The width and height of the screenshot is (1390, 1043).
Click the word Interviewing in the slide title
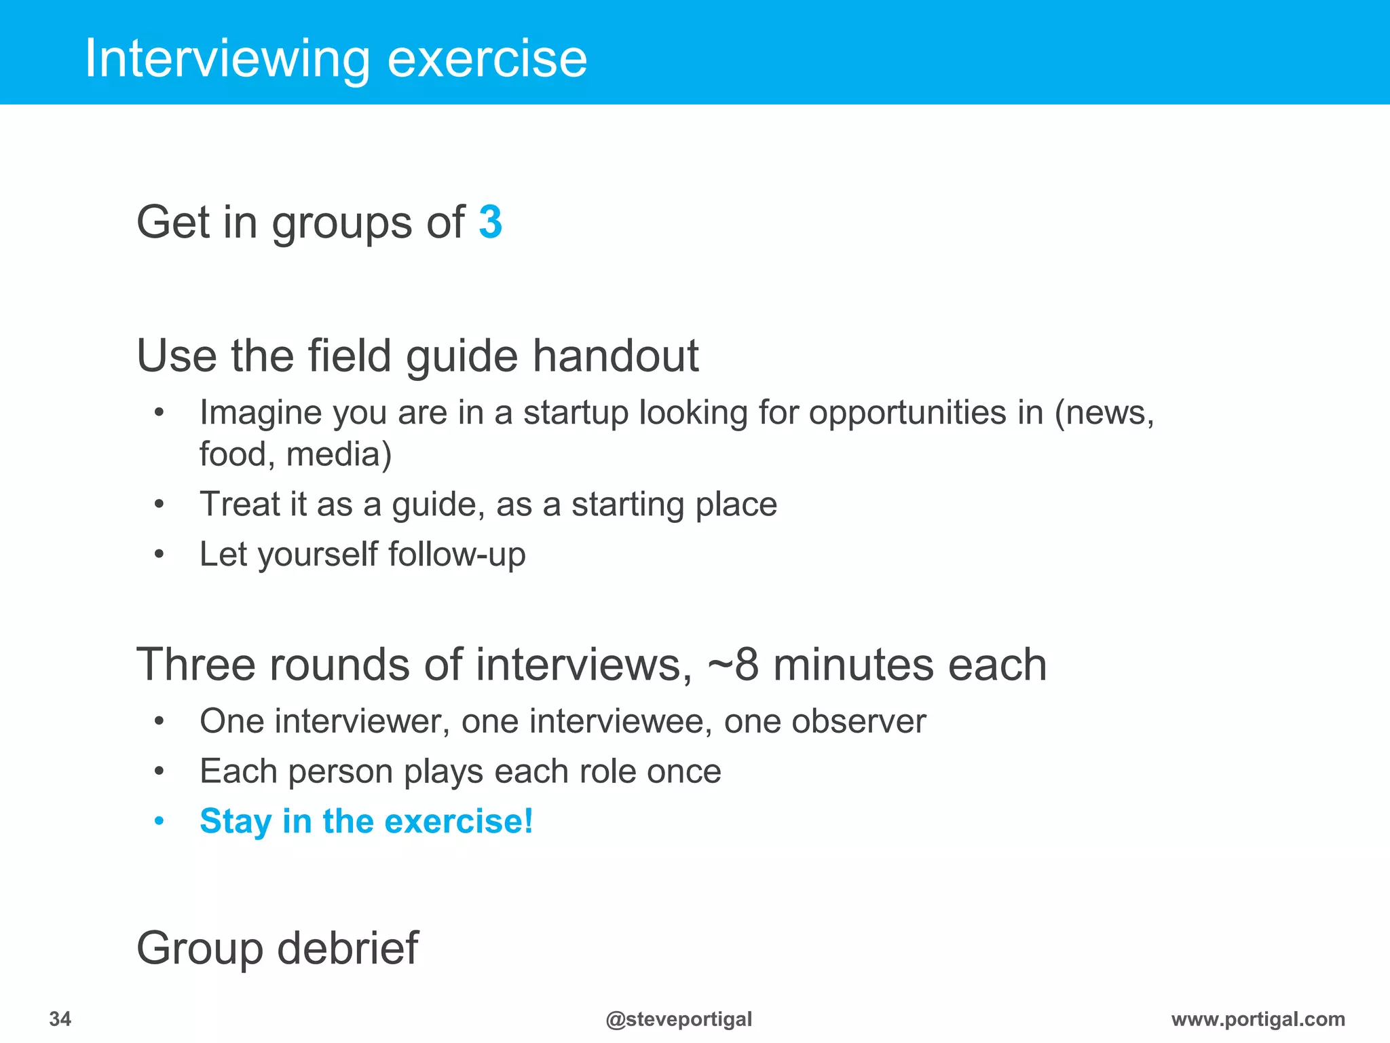(227, 60)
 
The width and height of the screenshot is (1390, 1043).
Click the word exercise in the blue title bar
(487, 60)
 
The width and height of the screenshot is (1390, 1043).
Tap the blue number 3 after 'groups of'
(490, 222)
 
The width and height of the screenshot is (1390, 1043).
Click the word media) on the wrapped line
(339, 454)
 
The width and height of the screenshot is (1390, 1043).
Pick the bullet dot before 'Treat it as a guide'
(159, 505)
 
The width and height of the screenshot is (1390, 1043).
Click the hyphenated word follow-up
(457, 554)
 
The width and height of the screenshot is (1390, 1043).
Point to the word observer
(824, 721)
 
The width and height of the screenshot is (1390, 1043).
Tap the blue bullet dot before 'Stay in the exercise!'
(159, 822)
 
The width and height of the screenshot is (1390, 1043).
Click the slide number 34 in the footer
(60, 1019)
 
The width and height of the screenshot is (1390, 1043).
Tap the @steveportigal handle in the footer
(679, 1019)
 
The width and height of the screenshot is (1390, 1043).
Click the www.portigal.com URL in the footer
(1258, 1019)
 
